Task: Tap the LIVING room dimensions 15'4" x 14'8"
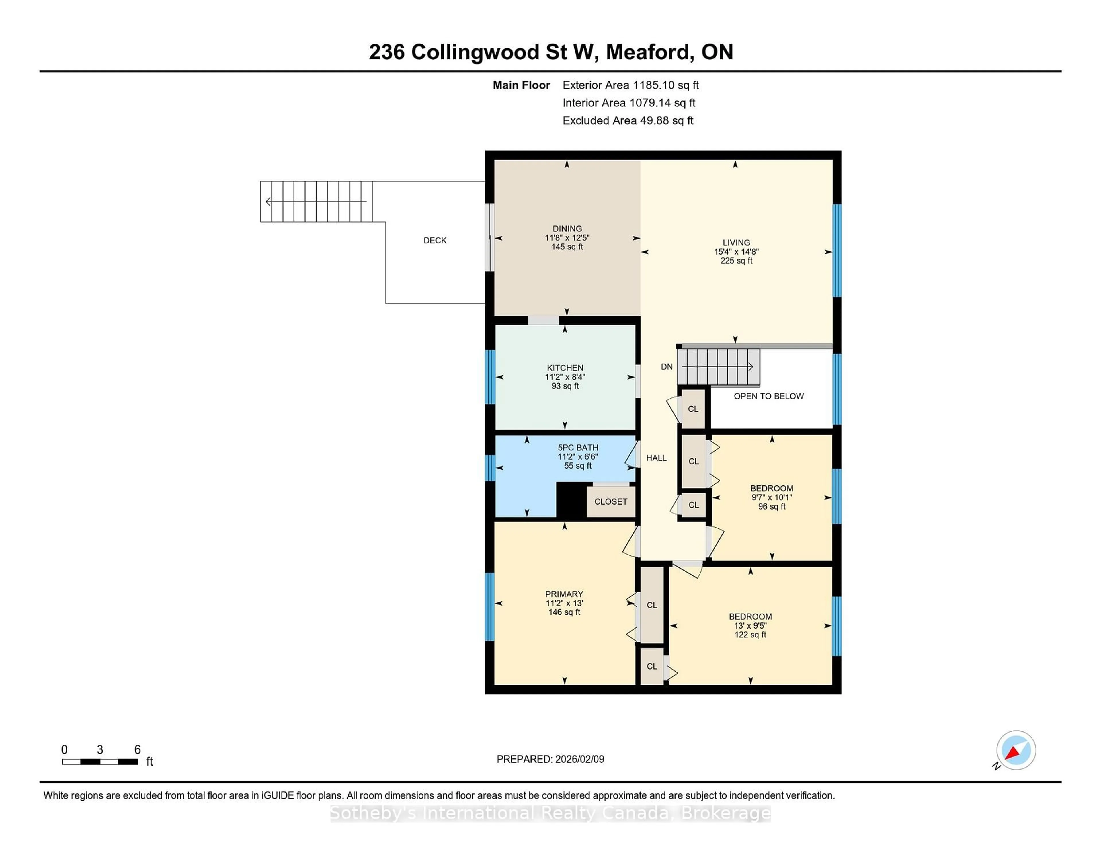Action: click(x=736, y=251)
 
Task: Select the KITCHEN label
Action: click(x=565, y=368)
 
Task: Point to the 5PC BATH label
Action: click(x=578, y=448)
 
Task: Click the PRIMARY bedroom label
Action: click(x=564, y=594)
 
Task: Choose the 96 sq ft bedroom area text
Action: click(x=771, y=507)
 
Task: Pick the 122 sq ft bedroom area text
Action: click(x=750, y=635)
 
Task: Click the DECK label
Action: click(x=435, y=241)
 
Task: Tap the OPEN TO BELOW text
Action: click(x=768, y=396)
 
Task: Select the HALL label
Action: click(x=656, y=458)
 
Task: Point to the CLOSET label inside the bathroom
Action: click(x=610, y=502)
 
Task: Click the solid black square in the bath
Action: click(x=571, y=499)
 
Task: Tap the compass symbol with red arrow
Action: click(x=1015, y=750)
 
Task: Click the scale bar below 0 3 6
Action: click(x=100, y=762)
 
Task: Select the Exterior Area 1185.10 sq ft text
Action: click(x=630, y=85)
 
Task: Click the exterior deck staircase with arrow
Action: click(x=316, y=202)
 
